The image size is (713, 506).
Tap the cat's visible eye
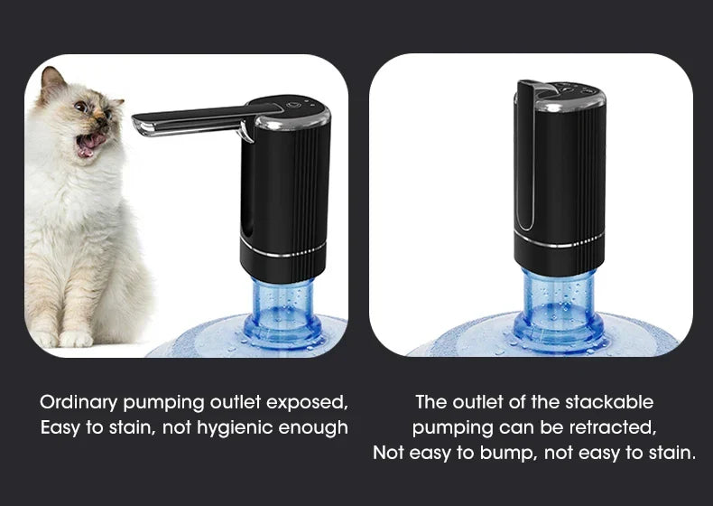(80, 107)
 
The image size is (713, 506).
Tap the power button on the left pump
(292, 105)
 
